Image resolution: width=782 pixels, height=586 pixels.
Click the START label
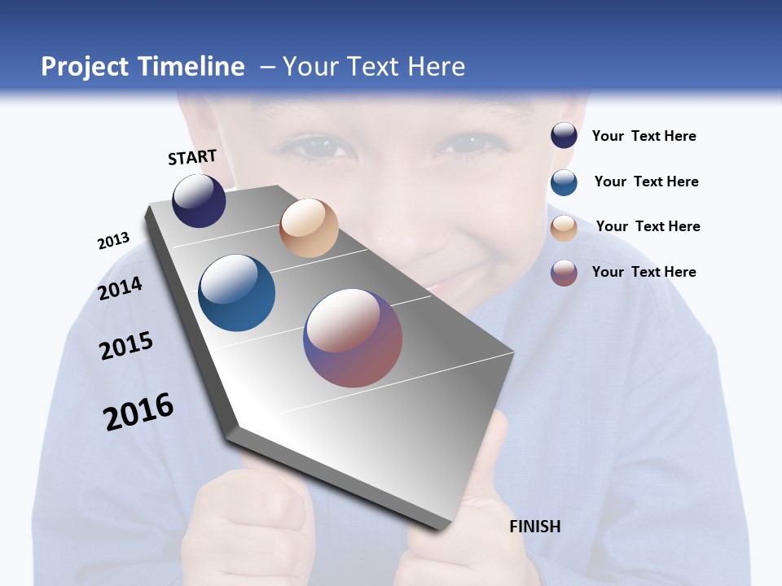(192, 157)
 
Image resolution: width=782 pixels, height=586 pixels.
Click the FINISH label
(535, 527)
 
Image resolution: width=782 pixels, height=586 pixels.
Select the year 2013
(113, 241)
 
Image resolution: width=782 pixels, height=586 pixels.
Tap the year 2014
(121, 288)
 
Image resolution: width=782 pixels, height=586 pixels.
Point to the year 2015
(126, 346)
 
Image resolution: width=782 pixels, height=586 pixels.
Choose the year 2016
(138, 411)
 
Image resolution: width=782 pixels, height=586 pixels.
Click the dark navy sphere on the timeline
(199, 200)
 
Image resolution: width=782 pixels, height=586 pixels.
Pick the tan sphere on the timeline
(309, 228)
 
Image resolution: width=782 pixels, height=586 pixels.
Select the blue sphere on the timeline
(237, 293)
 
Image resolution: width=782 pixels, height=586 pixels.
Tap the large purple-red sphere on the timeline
(353, 338)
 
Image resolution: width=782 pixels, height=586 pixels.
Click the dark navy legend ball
(564, 136)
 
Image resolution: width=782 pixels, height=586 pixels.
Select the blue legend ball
(564, 182)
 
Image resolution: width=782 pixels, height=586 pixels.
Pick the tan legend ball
(564, 228)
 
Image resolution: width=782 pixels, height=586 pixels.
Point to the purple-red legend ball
(564, 273)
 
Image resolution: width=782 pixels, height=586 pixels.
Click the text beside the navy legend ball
(644, 137)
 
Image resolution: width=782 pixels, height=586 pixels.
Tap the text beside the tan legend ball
(648, 226)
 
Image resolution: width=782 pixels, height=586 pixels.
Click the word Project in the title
(86, 67)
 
